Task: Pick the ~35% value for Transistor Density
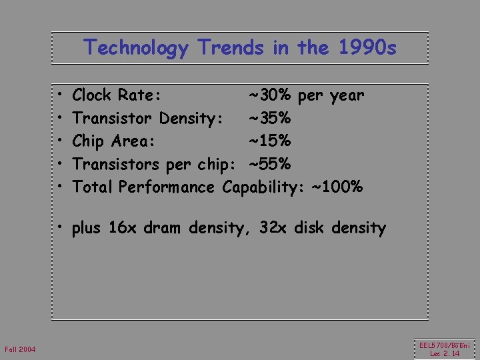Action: click(269, 119)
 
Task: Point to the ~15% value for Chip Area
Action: click(269, 141)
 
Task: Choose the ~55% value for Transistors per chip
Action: click(269, 164)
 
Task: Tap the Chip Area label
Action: click(113, 141)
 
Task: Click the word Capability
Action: click(263, 187)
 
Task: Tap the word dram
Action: click(161, 228)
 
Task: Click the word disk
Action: click(311, 228)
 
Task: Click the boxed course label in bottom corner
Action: click(445, 349)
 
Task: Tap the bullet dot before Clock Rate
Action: click(60, 95)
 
